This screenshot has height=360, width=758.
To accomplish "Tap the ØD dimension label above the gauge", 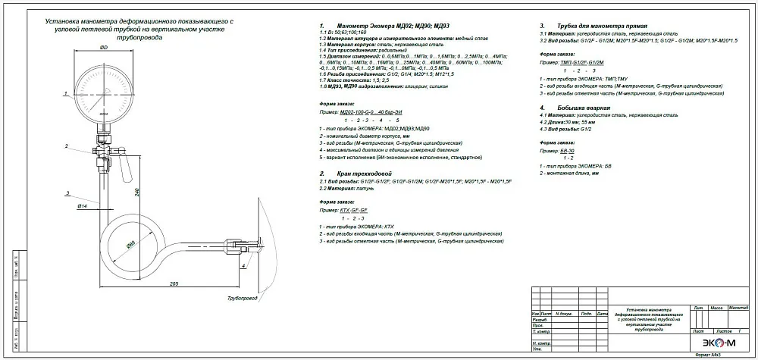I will (x=102, y=49).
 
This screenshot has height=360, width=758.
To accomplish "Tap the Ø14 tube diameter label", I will (x=84, y=205).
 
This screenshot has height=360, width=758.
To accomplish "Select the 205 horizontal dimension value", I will (x=174, y=282).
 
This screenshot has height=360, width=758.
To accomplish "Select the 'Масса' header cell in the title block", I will (x=716, y=308).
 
